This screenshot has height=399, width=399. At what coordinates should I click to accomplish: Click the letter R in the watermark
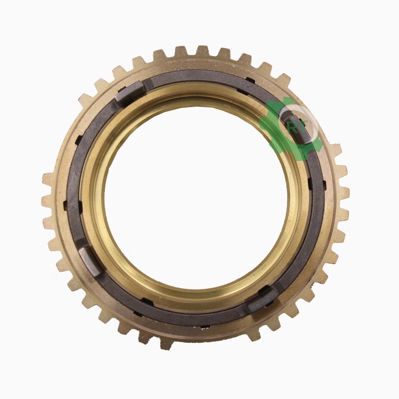point(291,127)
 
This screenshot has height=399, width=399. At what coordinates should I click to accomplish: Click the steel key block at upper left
point(130,92)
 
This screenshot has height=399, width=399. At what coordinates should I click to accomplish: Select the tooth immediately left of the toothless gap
point(166,343)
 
